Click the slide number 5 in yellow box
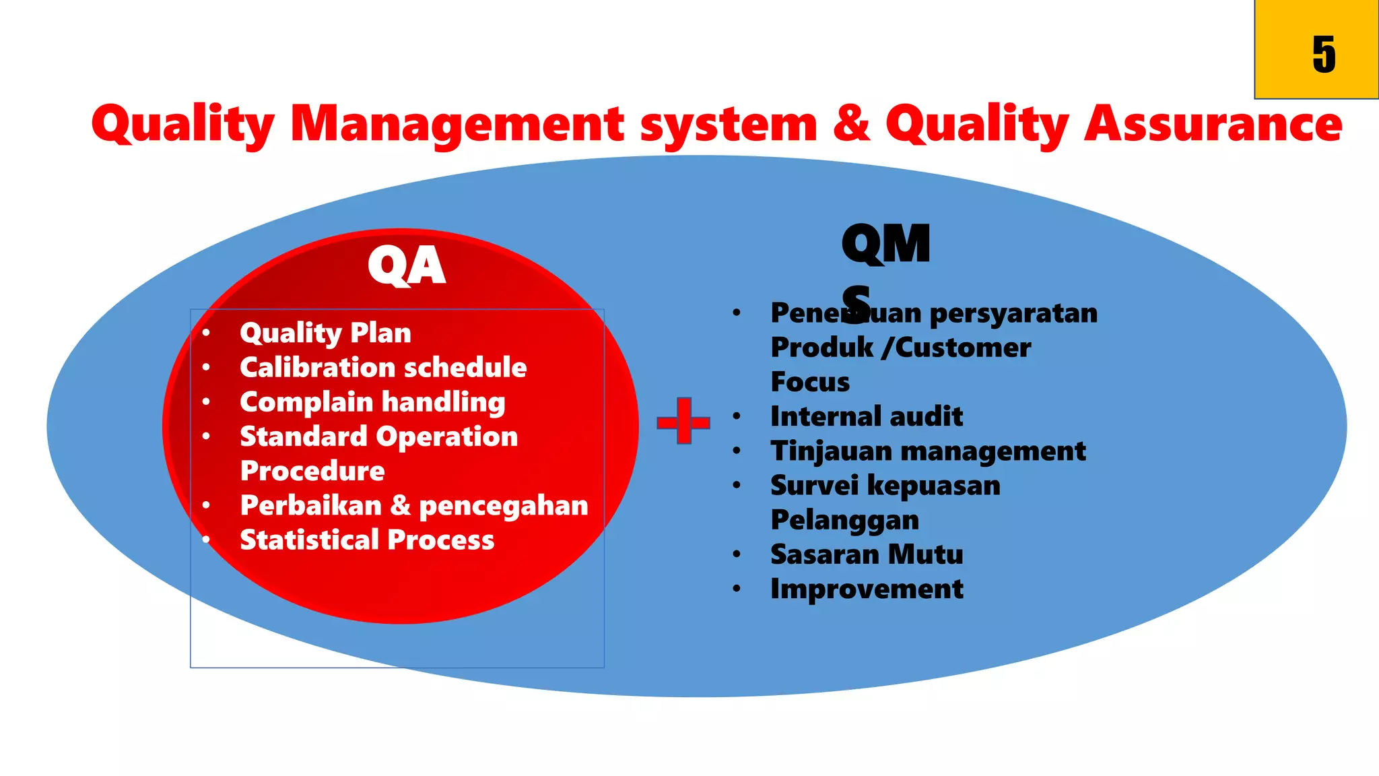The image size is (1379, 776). point(1323,55)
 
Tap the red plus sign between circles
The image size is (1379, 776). point(683,422)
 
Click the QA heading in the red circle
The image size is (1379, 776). point(406,266)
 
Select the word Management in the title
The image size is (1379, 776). point(457,124)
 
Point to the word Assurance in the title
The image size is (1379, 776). point(1213,124)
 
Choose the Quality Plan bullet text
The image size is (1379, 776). point(325,333)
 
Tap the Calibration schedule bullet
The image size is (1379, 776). point(383,367)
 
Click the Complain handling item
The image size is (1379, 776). point(372,402)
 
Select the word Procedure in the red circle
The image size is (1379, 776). point(312,471)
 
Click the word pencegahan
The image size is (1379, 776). point(503,505)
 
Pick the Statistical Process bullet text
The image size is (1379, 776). point(367,540)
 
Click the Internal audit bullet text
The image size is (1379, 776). point(867,416)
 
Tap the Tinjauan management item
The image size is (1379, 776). point(928,451)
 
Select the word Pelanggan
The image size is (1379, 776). point(844,520)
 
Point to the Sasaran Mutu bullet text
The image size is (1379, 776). point(867,554)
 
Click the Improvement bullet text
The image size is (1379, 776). point(867,589)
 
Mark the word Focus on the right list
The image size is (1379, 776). point(810,382)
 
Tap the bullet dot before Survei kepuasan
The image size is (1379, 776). point(737,485)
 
